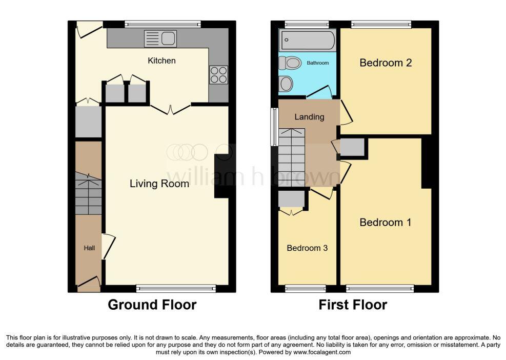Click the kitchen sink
(160, 39)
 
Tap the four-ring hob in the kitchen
(218, 74)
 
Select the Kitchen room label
(161, 61)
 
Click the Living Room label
(159, 184)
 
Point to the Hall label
(89, 248)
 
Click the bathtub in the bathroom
(308, 41)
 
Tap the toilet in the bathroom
(290, 63)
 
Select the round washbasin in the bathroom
(286, 84)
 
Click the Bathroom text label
(318, 63)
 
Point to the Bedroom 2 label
(386, 63)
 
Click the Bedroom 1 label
(386, 222)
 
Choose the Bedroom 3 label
(307, 248)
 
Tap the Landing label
(309, 116)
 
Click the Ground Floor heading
(152, 305)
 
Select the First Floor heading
(353, 305)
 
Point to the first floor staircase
(291, 157)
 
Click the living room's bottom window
(176, 288)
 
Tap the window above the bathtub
(307, 25)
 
